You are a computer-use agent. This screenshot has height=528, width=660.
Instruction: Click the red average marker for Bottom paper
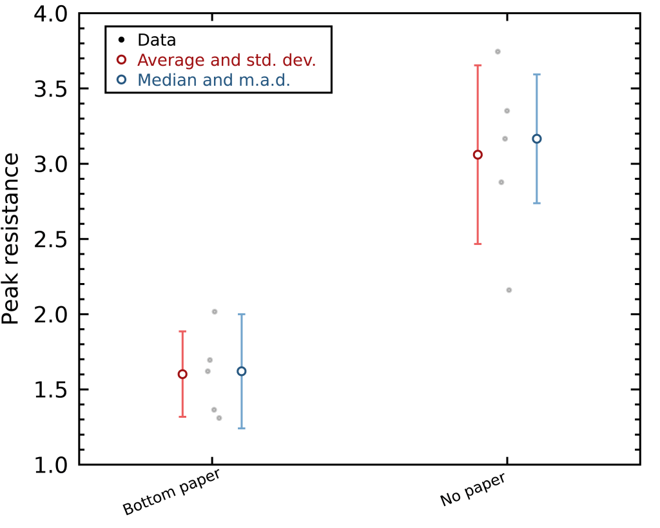tap(182, 374)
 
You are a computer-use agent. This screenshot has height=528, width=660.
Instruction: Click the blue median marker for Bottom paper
tap(242, 371)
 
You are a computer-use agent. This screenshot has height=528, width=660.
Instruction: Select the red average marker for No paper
tap(478, 155)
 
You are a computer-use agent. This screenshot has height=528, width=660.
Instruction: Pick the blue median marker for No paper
tap(536, 139)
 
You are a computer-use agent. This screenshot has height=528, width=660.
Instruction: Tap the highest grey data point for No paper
tap(498, 52)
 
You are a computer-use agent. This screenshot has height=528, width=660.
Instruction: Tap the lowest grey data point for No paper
tap(509, 290)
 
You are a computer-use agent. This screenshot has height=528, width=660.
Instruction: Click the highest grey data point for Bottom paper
tap(215, 311)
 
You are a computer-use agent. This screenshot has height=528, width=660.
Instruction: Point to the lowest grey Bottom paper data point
tap(219, 418)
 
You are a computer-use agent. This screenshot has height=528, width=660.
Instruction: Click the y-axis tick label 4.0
tap(50, 14)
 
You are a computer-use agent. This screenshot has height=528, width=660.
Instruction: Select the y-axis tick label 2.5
tap(50, 239)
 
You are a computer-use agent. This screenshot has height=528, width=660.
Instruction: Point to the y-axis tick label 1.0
tap(50, 465)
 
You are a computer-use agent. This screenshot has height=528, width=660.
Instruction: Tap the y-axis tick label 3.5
tap(50, 89)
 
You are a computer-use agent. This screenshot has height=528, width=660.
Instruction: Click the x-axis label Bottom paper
tap(171, 492)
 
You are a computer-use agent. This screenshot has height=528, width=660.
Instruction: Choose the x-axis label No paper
tap(472, 490)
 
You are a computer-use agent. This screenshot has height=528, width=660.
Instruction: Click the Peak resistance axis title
tap(11, 239)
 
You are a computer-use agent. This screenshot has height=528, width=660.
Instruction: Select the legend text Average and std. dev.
tap(226, 60)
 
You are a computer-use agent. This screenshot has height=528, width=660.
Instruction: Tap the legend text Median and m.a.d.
tap(214, 80)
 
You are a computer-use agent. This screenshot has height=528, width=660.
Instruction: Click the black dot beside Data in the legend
tap(121, 40)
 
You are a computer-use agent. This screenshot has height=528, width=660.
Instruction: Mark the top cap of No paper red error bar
tap(478, 65)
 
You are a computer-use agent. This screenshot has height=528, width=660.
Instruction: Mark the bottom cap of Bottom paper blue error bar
tap(242, 428)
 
